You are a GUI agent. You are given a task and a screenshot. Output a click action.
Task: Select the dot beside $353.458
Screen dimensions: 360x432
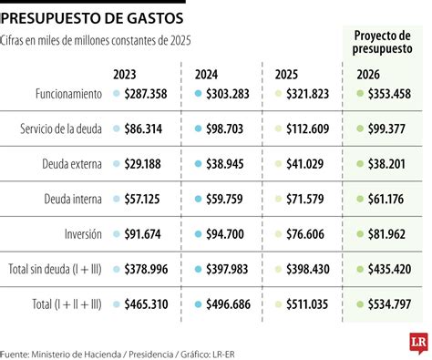point(358,94)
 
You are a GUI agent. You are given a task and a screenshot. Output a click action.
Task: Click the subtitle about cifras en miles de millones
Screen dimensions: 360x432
point(98,40)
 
